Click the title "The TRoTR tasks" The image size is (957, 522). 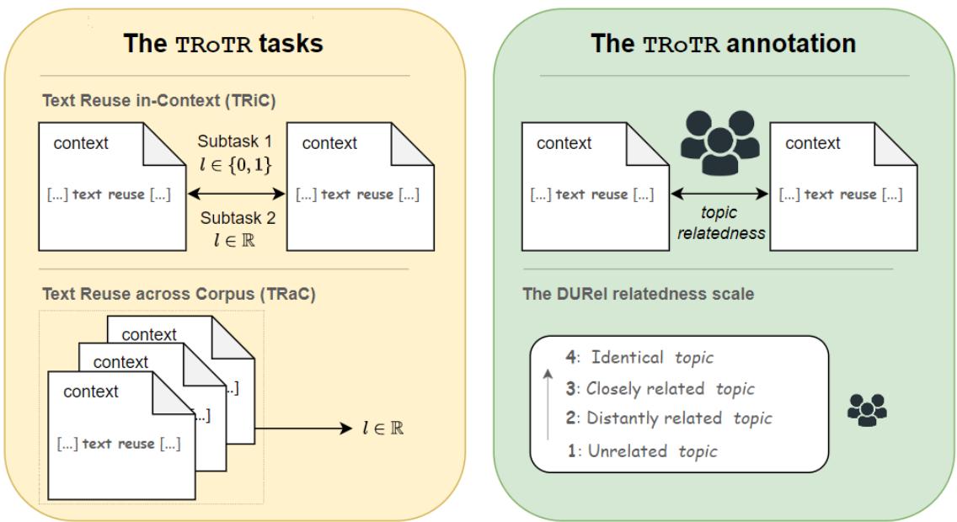pos(223,43)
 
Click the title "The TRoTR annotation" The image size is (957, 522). pos(723,43)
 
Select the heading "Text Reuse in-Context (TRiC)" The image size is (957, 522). pos(159,100)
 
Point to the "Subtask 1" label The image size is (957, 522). pos(236,141)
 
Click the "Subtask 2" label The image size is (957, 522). pos(236,218)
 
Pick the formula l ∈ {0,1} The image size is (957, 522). pos(236,164)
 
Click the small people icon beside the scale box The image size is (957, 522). pos(867,411)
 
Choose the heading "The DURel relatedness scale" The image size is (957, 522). pos(640,295)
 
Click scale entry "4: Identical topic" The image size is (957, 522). pos(639,358)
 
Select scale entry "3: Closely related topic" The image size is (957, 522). pos(660,388)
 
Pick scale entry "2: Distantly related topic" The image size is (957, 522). pos(667,418)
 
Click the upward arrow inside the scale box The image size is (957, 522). pos(548,404)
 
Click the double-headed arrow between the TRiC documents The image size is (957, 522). pos(236,194)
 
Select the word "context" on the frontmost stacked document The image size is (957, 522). pos(91,391)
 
